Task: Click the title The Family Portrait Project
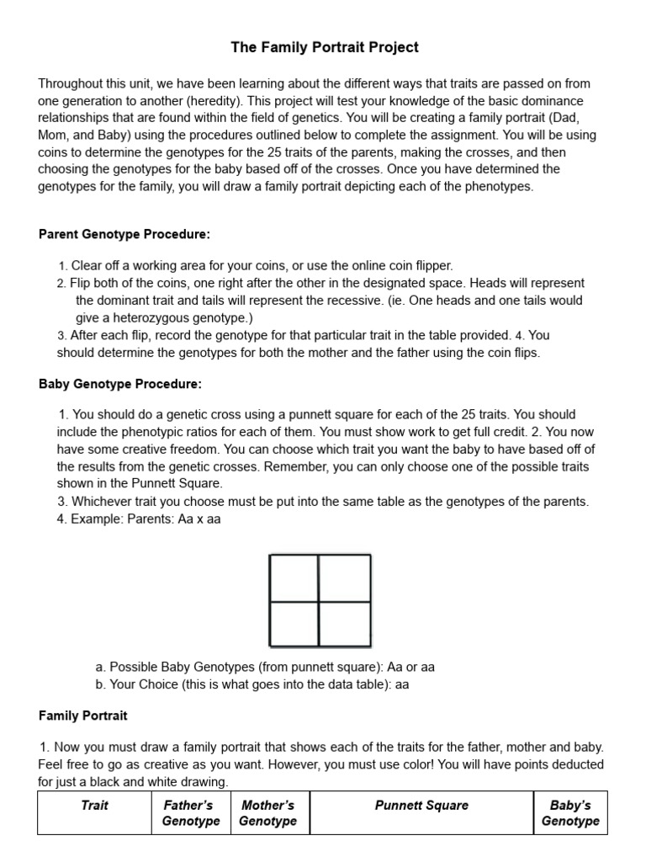click(325, 48)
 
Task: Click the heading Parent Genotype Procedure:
click(124, 233)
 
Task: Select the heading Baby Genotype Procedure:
click(120, 384)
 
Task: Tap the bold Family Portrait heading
click(83, 716)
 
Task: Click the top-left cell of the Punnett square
click(294, 578)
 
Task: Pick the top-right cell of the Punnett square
click(344, 578)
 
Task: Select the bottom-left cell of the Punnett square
click(294, 624)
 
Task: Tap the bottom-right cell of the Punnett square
click(344, 624)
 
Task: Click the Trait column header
click(94, 806)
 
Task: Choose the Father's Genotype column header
click(190, 813)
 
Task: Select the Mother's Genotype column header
click(267, 813)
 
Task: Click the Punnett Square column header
click(421, 806)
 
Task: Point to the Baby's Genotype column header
click(570, 813)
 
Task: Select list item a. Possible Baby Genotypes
click(265, 668)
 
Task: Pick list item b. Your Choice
click(252, 684)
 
